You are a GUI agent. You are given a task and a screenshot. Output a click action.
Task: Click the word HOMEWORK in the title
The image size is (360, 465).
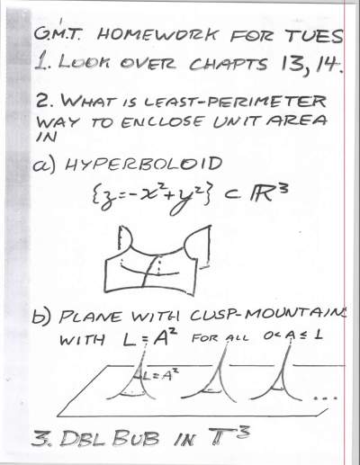pos(156,34)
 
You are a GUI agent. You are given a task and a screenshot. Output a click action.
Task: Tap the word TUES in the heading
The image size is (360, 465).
pos(312,35)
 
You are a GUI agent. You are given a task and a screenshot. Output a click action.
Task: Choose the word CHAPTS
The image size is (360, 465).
pos(229,64)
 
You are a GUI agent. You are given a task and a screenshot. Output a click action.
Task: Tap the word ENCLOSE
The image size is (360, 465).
pos(162,121)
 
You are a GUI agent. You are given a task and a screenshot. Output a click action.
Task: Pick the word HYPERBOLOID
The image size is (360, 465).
pos(144,164)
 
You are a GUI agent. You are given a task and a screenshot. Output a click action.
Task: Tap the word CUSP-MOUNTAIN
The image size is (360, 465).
pos(267,316)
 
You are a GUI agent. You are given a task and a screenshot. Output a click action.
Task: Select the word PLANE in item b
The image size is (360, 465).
pos(91,317)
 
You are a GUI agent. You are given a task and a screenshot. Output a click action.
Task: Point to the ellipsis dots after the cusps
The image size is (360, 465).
pos(326,398)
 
